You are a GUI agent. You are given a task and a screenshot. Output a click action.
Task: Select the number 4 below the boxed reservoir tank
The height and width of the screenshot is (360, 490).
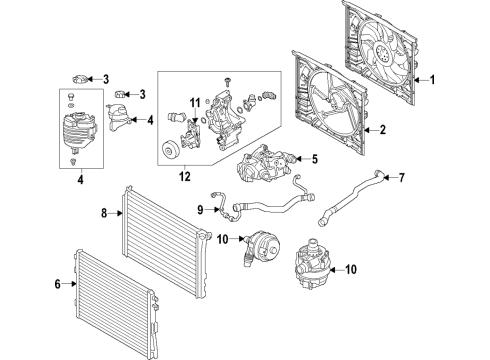(80, 182)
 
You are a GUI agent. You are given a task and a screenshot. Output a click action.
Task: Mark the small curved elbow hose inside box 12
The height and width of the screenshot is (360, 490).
(267, 98)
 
